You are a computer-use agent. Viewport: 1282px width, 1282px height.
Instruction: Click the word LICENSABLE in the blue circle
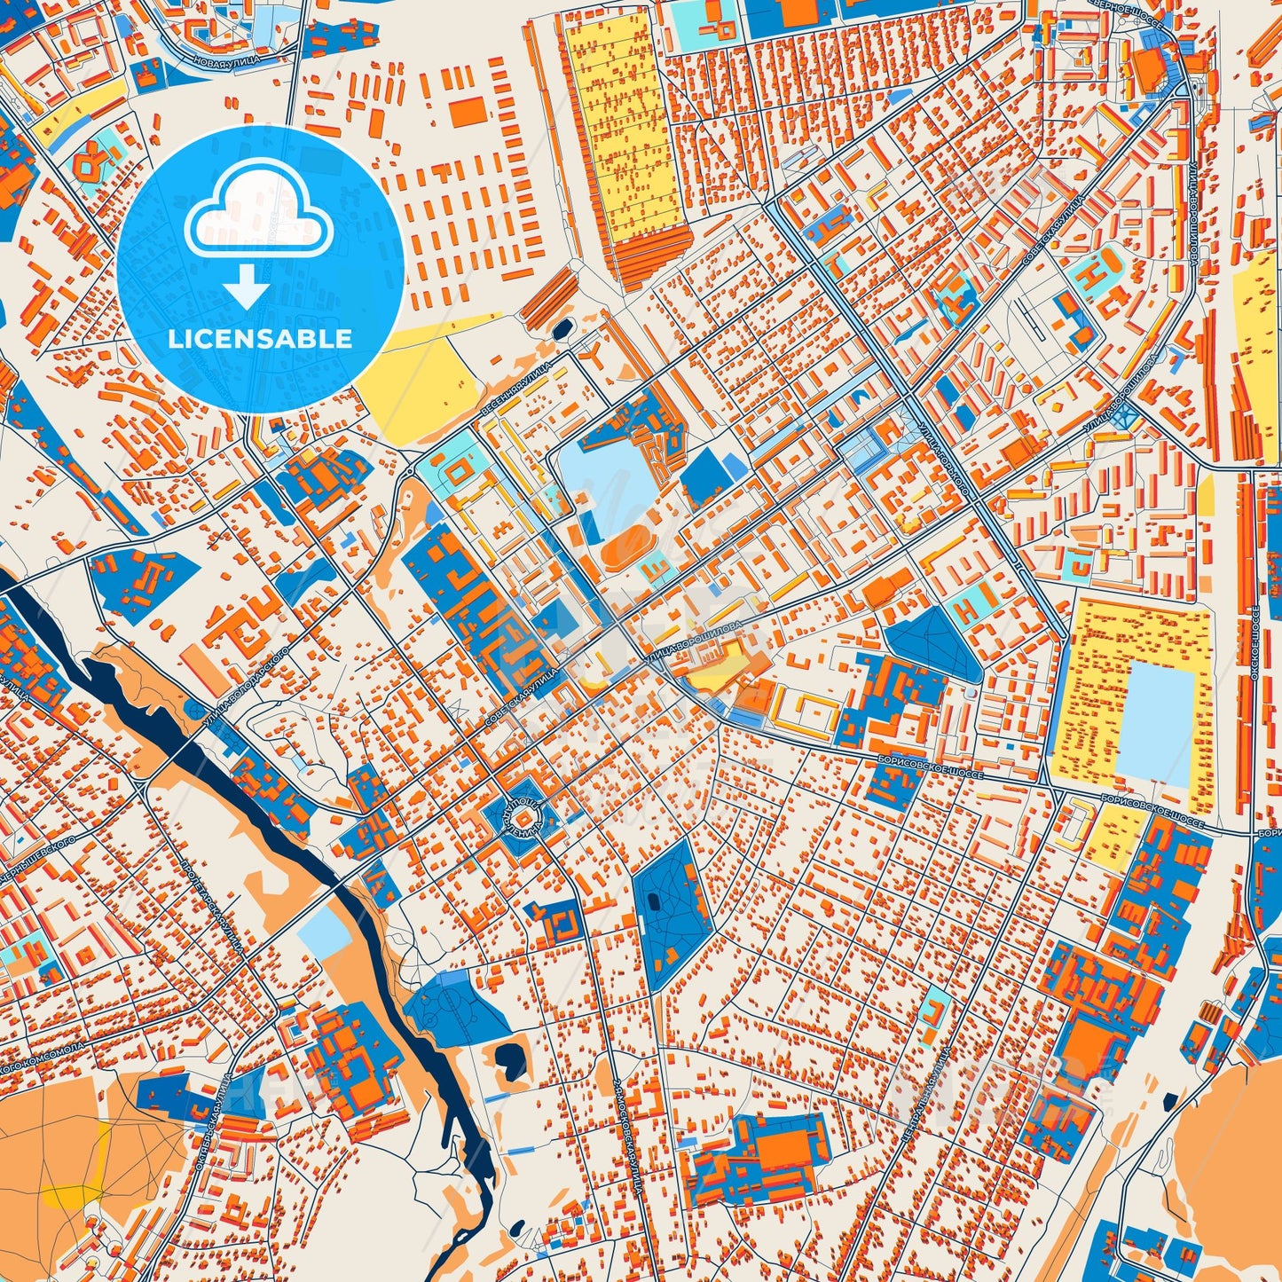coord(260,338)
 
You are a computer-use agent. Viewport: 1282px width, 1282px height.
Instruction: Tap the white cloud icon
coord(258,217)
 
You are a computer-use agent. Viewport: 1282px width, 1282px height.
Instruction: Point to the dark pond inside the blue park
coord(655,901)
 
